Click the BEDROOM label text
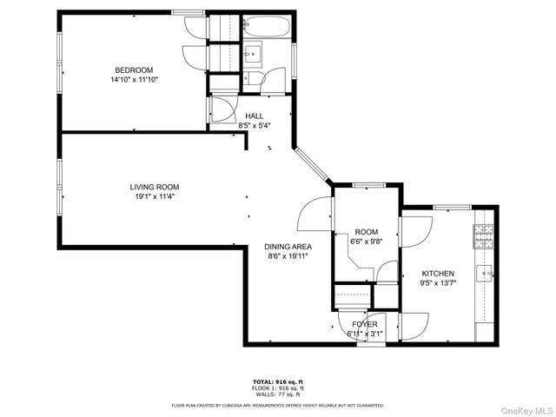coord(134,69)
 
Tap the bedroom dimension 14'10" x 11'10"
coord(134,79)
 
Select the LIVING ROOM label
coord(155,187)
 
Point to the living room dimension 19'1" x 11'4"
coord(155,196)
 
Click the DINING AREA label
coord(288,247)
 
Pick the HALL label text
coord(254,116)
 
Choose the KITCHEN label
coord(437,273)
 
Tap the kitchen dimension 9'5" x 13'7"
coord(437,282)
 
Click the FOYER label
coord(365,324)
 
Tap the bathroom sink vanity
coord(254,53)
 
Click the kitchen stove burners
coord(484,234)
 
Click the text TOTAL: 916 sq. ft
coord(277,381)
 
